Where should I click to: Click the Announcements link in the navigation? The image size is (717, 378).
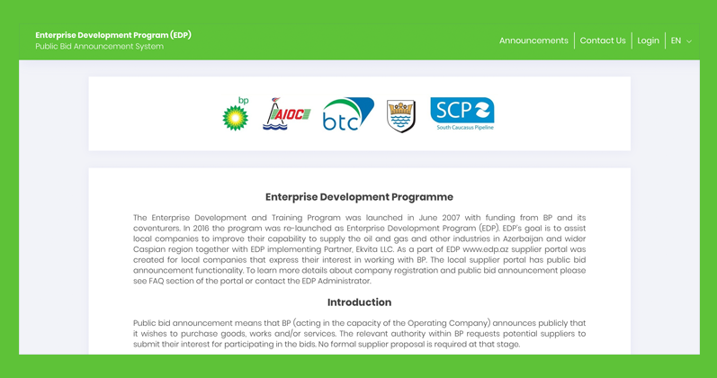[533, 40]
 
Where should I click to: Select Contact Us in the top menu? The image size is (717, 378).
[603, 40]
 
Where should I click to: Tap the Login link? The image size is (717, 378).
[649, 40]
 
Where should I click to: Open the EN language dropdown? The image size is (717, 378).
[681, 40]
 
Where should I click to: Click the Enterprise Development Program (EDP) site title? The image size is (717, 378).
[113, 35]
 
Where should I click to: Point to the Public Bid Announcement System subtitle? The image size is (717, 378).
[99, 46]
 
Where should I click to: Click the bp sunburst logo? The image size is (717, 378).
[236, 114]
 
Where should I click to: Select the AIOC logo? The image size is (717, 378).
[287, 114]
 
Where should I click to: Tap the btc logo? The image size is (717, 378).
[348, 114]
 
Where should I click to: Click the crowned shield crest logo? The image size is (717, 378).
[401, 116]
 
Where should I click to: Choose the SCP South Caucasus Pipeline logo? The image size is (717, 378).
[462, 114]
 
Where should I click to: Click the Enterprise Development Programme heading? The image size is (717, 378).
[360, 197]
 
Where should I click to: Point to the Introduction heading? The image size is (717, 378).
[360, 302]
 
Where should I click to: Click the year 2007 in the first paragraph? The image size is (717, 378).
[451, 218]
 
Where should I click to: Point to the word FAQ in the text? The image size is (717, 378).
[157, 281]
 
